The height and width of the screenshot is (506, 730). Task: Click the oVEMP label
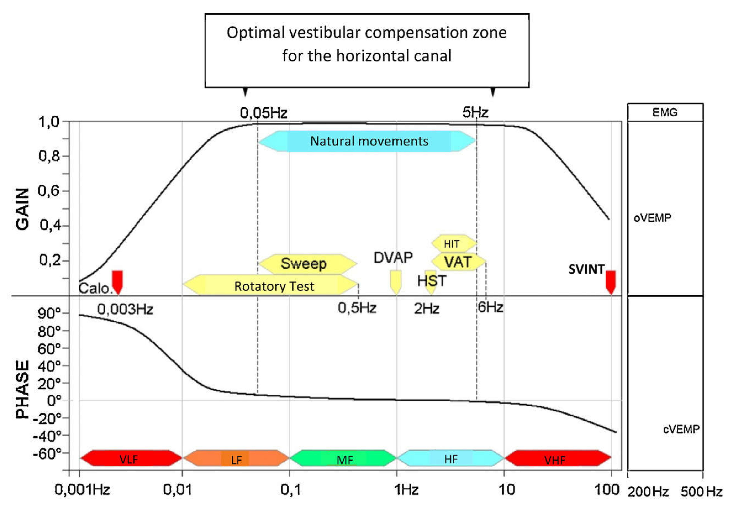652,218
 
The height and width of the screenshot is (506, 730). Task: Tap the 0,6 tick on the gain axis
49,191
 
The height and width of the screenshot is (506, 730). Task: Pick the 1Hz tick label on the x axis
406,490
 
